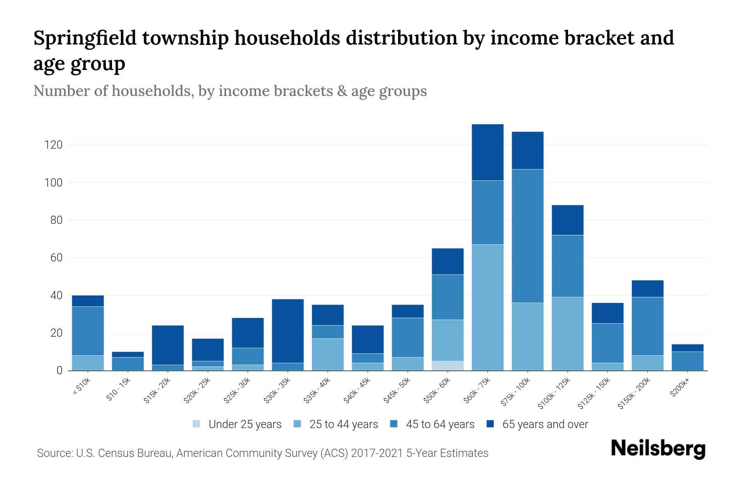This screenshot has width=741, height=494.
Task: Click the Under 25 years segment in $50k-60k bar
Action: click(447, 366)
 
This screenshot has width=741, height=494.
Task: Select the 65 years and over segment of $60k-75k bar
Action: click(487, 152)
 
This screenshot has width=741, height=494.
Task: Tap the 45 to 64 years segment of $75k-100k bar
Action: click(527, 236)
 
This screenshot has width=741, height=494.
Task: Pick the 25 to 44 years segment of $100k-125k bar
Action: click(567, 333)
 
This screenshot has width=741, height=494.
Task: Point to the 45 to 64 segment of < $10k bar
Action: click(88, 331)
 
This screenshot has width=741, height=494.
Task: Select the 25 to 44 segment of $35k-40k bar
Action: click(328, 354)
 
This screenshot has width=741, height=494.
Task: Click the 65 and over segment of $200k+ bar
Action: click(687, 348)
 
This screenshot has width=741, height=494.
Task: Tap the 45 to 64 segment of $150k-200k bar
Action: click(647, 326)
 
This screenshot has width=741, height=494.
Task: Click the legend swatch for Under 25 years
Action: click(197, 424)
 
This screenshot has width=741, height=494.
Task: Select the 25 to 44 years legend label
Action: click(343, 424)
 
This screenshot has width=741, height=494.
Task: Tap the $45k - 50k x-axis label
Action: click(397, 391)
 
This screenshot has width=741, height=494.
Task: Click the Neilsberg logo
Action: click(658, 449)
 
